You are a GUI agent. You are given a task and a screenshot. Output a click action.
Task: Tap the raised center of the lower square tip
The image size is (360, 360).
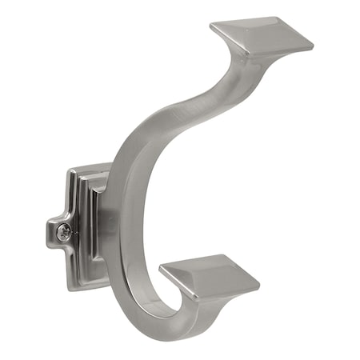(210, 272)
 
